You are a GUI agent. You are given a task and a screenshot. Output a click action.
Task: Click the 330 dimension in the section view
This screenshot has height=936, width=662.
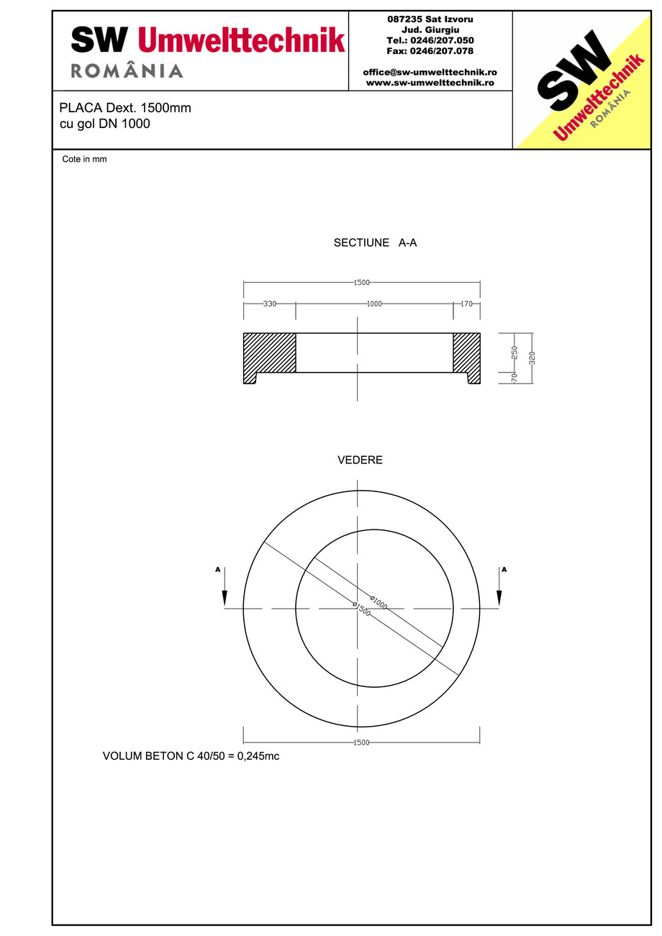pyautogui.click(x=269, y=304)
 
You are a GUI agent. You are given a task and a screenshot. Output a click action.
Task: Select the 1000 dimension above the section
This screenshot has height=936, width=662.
pyautogui.click(x=373, y=304)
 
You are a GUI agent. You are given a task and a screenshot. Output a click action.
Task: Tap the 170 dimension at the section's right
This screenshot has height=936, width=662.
pyautogui.click(x=466, y=304)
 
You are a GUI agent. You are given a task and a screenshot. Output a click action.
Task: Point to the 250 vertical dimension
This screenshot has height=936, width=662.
pyautogui.click(x=514, y=353)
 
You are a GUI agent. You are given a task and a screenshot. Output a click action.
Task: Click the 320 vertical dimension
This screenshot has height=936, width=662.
pyautogui.click(x=532, y=358)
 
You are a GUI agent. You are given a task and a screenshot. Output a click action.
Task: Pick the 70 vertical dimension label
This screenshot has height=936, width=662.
pyautogui.click(x=514, y=378)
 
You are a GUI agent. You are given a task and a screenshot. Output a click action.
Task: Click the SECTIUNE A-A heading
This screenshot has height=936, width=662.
pyautogui.click(x=375, y=243)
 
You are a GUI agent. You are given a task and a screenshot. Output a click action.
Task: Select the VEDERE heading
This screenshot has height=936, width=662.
pyautogui.click(x=360, y=460)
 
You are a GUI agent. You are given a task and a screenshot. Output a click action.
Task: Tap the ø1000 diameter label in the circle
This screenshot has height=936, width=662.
pyautogui.click(x=378, y=602)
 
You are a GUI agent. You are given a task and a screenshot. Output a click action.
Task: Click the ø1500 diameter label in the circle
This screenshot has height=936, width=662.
pyautogui.click(x=361, y=609)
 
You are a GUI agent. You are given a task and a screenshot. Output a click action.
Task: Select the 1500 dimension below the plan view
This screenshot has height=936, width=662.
pyautogui.click(x=361, y=742)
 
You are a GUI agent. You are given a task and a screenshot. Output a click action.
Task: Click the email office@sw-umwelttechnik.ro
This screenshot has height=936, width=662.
pyautogui.click(x=430, y=72)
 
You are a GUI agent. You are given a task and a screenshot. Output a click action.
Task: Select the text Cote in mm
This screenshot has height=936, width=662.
pyautogui.click(x=84, y=160)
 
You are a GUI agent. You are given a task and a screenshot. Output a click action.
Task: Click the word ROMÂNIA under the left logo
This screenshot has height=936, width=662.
pyautogui.click(x=127, y=71)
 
